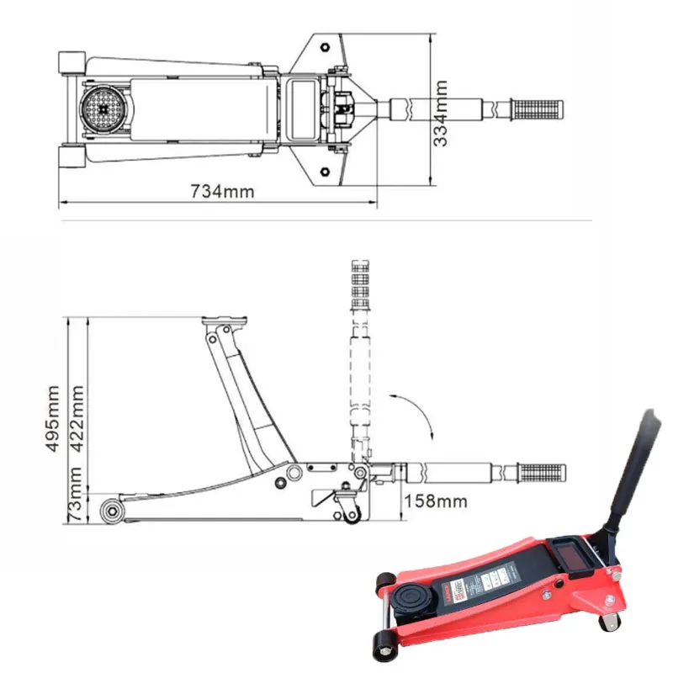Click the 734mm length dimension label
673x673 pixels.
pos(222,191)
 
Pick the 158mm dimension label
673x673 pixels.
pos(436,502)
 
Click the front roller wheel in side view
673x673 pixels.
pos(110,510)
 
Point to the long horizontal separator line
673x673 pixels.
pos(328,220)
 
